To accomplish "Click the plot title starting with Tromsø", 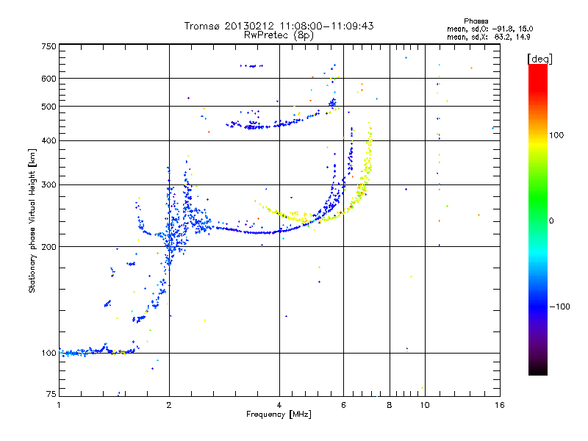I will coord(279,26).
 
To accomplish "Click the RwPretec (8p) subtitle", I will coord(279,35).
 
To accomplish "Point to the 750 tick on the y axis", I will coord(49,46).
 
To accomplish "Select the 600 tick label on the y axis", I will coord(49,78).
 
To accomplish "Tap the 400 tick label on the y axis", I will coord(49,140).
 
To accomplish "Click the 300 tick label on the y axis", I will coord(49,184).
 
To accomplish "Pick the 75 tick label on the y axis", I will coord(51,395).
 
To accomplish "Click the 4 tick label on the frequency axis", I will coord(279,405).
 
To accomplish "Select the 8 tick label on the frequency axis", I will coord(390,405).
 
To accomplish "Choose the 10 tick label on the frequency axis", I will coord(425,405).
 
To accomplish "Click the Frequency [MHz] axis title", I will coord(279,415).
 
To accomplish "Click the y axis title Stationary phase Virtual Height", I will coord(32,220).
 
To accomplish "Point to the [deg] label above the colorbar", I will coord(540,58).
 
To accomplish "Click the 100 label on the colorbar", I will coord(557,135).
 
